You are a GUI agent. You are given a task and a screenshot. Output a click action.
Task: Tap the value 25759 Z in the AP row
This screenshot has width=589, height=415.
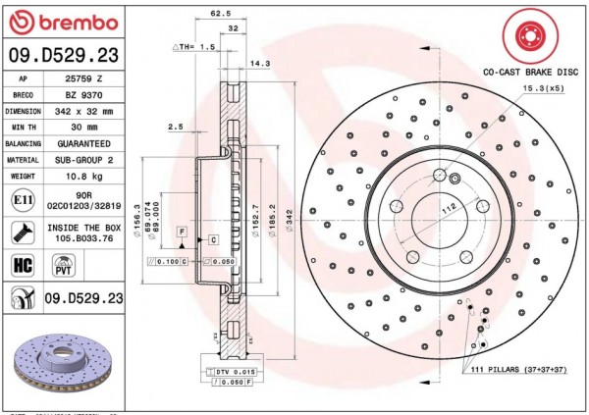pyautogui.click(x=83, y=78)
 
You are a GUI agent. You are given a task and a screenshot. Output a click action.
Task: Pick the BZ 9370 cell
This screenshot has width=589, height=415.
pyautogui.click(x=83, y=94)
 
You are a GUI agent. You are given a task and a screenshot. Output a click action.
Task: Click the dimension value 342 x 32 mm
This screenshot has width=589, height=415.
pyautogui.click(x=84, y=111)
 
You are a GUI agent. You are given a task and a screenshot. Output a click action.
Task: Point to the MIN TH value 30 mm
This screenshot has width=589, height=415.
pyautogui.click(x=83, y=127)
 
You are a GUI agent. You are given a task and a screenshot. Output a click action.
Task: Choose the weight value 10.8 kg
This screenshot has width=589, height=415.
pyautogui.click(x=83, y=176)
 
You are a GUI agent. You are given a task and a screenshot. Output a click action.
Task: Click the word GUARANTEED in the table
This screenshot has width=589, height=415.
pyautogui.click(x=83, y=143)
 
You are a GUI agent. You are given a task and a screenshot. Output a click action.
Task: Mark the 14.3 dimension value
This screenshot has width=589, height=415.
pyautogui.click(x=260, y=63)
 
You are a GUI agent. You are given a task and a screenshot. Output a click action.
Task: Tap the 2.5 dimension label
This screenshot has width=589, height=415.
pyautogui.click(x=176, y=127)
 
